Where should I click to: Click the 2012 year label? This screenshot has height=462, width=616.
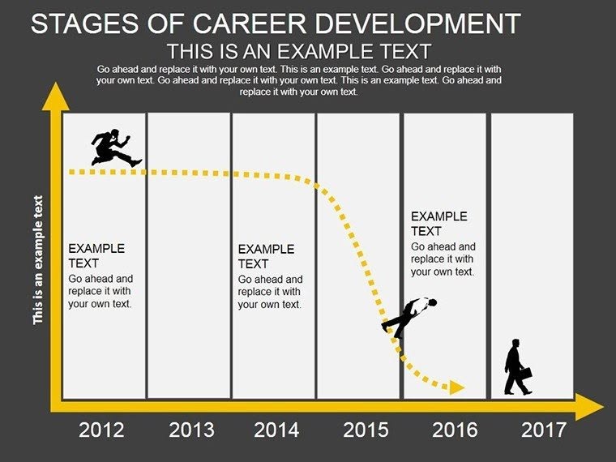[101, 430]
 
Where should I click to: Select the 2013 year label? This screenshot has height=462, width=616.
[191, 430]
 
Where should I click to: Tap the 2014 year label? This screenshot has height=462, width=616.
[276, 430]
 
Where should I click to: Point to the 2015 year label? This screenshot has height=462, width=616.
[366, 430]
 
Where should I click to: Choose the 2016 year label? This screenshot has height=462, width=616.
[454, 430]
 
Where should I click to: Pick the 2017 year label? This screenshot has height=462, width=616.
[543, 430]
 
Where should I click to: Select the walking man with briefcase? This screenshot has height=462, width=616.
[516, 368]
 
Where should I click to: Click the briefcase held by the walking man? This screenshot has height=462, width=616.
[525, 375]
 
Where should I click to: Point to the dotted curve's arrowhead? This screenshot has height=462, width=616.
[456, 387]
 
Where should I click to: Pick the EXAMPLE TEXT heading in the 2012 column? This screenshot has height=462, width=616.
[96, 255]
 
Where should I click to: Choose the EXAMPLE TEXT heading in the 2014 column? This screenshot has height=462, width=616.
[266, 256]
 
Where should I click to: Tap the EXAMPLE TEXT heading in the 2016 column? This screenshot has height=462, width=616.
[438, 224]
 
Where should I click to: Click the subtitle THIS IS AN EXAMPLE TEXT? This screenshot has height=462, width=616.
[298, 50]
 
